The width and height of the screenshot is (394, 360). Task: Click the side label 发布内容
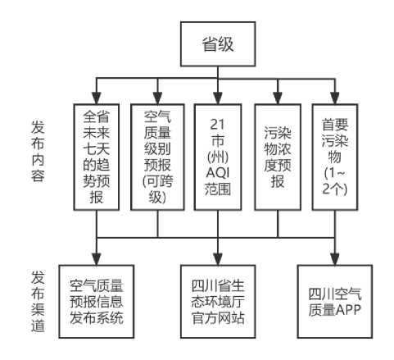[x=38, y=151]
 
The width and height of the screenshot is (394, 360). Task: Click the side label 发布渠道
[x=38, y=302]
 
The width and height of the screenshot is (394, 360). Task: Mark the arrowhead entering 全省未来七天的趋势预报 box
[x=97, y=98]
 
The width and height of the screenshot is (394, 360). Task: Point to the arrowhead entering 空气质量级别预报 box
[x=157, y=98]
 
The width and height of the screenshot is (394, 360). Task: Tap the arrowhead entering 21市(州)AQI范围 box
[x=218, y=98]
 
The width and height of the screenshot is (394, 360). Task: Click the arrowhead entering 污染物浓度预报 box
[x=278, y=98]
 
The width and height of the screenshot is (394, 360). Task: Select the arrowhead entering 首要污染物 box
[x=335, y=98]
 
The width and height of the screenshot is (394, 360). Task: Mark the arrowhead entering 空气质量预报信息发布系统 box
[x=97, y=259]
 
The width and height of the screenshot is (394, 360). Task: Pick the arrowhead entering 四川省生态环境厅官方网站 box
[x=218, y=259]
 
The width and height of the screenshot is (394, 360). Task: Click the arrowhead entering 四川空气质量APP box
[x=335, y=259]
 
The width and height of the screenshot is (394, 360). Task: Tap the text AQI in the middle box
[x=218, y=172]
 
